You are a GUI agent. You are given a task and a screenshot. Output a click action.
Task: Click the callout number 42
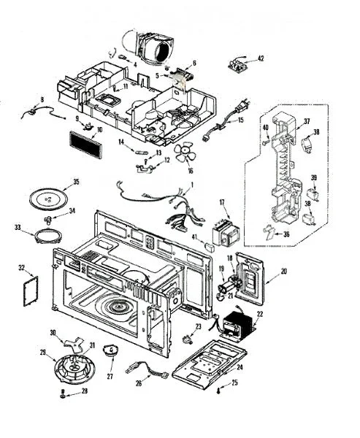point(261,58)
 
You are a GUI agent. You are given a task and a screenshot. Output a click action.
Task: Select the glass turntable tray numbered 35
point(48,199)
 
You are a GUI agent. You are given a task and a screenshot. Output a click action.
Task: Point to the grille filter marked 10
point(85,145)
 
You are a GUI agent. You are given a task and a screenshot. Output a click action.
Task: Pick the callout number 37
point(307,121)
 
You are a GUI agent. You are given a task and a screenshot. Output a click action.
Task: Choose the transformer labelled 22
point(237,325)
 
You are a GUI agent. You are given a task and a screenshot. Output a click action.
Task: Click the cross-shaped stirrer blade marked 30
point(74,342)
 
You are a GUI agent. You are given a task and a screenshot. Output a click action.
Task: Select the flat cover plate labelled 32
point(31,291)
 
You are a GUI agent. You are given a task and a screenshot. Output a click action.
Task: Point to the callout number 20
point(283,271)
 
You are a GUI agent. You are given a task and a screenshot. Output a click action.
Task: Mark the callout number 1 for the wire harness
point(192,185)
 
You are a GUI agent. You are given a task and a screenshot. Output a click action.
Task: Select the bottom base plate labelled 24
point(209,364)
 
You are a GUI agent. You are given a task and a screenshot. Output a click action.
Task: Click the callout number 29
point(43,353)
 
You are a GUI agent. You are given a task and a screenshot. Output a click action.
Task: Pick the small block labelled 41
point(210,247)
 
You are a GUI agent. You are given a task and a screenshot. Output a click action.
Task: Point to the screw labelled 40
point(265,142)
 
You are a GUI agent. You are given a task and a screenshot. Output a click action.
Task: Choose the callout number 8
point(42,99)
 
